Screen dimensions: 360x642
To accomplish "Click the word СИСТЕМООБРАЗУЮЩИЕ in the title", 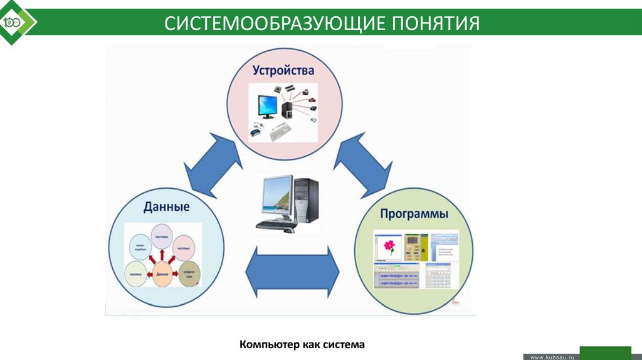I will pos(276,24).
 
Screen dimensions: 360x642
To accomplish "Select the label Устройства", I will pos(283,71).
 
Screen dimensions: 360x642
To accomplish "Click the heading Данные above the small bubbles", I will pos(166,207).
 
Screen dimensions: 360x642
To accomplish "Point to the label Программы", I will pos(414,214).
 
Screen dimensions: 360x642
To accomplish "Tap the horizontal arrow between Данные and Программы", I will pos(292,271).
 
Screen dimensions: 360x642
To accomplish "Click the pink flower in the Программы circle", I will pos(389,245).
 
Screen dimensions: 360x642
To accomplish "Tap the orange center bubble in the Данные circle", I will pos(162,275).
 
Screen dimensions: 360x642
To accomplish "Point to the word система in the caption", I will pos(344,344).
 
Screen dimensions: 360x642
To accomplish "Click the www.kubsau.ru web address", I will pos(552,356).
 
